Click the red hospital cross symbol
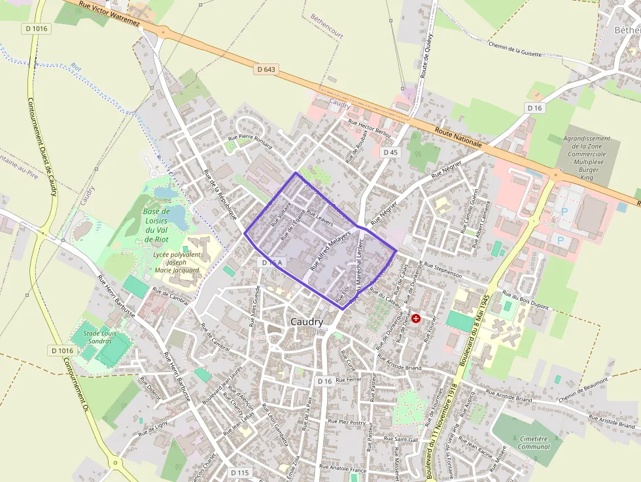(415, 318)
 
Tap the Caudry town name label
(305, 322)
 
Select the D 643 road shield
(266, 69)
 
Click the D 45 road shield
(390, 152)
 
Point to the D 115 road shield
(240, 472)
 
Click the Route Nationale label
(459, 138)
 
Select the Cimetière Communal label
(534, 442)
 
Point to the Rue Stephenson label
(443, 271)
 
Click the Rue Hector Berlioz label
(370, 128)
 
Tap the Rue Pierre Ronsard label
(249, 138)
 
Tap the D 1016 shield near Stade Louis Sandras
(61, 351)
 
